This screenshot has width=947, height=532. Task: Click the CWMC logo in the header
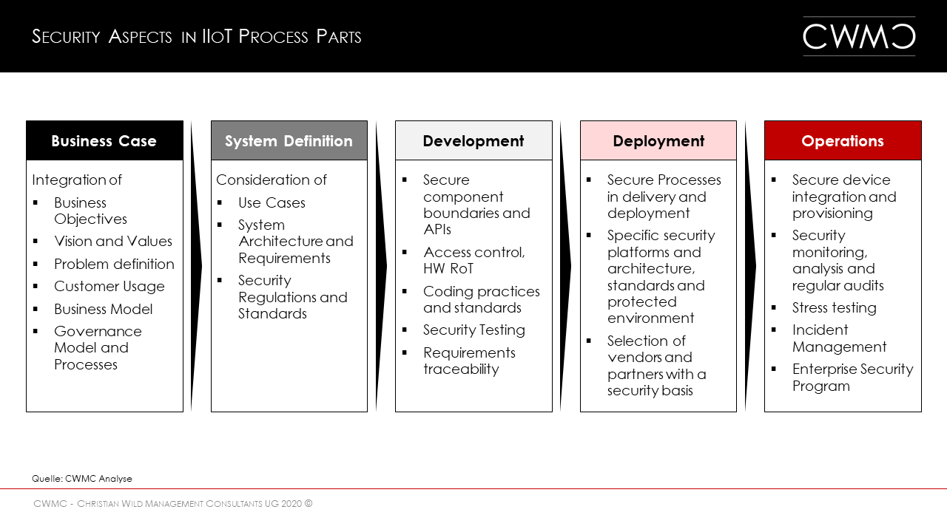(859, 36)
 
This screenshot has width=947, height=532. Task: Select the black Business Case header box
(104, 140)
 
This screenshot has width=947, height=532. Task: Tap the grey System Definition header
(289, 140)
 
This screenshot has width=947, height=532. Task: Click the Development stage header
(473, 140)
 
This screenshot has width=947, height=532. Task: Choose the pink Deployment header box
(658, 140)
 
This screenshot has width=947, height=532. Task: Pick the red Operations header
(843, 140)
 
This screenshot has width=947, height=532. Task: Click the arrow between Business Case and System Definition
(196, 266)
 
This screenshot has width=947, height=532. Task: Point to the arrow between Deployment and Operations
(750, 266)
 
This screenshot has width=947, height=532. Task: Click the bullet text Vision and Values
(112, 242)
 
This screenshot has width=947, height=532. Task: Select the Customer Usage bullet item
(109, 287)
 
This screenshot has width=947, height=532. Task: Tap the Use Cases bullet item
(272, 202)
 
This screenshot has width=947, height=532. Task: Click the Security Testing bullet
(473, 330)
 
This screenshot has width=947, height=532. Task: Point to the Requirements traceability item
(469, 361)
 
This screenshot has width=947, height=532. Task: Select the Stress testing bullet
(834, 308)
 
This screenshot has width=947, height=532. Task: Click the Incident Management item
(839, 338)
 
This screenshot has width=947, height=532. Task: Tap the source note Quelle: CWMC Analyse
(82, 479)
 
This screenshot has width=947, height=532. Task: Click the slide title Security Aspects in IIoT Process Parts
(197, 37)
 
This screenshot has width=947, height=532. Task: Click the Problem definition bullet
(114, 265)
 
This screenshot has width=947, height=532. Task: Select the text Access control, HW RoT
(473, 260)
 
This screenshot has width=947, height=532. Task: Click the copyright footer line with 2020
(173, 504)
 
